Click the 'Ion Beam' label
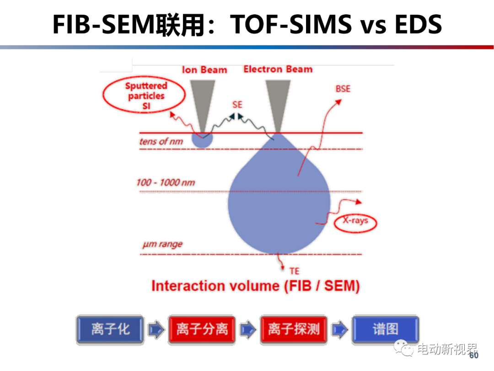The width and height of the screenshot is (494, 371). pos(204,70)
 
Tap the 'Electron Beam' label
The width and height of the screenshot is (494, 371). pos(278,69)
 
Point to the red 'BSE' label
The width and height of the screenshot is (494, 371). pos(343,89)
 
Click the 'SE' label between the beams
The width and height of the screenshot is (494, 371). pos(237,105)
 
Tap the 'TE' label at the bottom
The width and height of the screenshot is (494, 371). pos(295,271)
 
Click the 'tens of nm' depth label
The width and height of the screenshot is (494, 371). pos(161,142)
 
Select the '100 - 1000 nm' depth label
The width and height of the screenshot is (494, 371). pos(166,182)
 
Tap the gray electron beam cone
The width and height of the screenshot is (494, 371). pos(278,104)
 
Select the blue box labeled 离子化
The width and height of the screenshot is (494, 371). pos(110,329)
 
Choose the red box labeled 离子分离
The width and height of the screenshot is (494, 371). pos(202,329)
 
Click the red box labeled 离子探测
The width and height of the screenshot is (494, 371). pos(294,329)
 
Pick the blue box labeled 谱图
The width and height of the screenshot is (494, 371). pos(385,329)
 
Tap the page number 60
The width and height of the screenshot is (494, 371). pos(474,355)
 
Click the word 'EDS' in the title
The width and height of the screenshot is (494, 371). pos(419,24)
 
